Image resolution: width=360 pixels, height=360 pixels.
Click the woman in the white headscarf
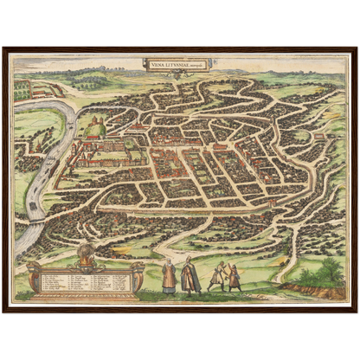point(169,276)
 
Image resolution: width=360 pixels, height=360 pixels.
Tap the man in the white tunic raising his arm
point(217,275)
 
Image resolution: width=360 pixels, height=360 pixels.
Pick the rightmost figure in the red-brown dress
point(235,276)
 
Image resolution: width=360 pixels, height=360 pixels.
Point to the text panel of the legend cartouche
point(85,280)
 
